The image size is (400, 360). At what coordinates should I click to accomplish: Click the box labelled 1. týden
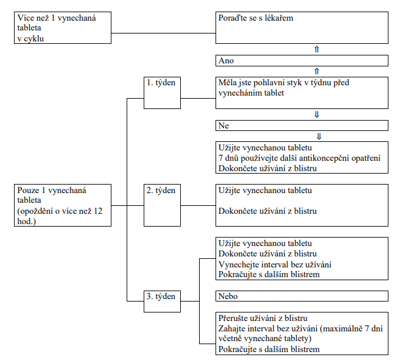162,93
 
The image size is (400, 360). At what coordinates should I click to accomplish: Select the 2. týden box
162,205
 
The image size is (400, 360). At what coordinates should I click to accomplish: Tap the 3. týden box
162,302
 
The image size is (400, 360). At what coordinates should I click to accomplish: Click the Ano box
302,60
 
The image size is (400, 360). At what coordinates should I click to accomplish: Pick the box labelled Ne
302,125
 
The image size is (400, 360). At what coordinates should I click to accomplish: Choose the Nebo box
302,296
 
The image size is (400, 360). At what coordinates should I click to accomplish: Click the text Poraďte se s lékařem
256,18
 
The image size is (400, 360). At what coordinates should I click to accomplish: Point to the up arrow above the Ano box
317,49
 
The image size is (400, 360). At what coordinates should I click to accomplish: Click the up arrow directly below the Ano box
317,71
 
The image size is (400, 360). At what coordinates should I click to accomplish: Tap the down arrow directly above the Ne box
317,114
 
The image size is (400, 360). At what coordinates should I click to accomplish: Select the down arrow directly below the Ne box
318,136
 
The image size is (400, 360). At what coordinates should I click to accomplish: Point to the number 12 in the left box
98,211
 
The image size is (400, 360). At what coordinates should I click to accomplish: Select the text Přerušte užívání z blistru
263,318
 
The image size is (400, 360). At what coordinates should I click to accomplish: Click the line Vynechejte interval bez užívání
275,264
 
